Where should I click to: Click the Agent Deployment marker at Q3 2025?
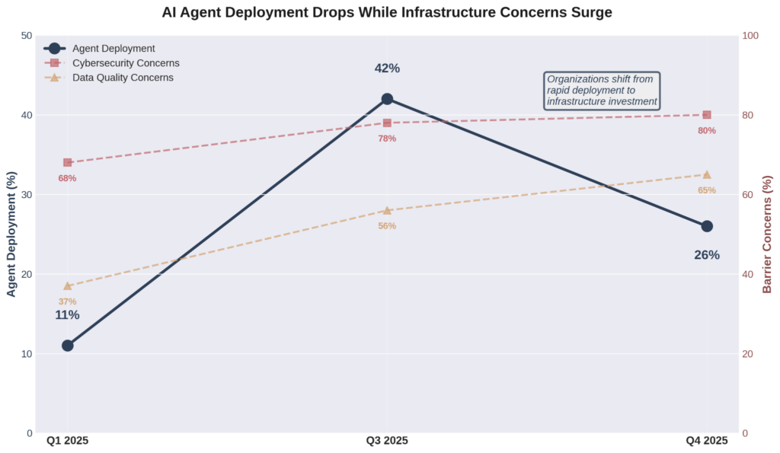coord(387,99)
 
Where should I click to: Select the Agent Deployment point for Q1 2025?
coord(68,346)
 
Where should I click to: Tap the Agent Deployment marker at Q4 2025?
coord(707,226)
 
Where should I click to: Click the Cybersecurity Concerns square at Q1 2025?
coord(68,162)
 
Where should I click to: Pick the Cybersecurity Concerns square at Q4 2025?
coord(707,115)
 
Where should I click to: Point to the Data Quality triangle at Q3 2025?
coord(387,210)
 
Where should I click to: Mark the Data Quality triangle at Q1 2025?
coord(68,286)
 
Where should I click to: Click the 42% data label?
coord(387,69)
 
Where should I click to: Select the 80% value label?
coord(707,131)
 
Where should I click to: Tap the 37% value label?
coord(68,301)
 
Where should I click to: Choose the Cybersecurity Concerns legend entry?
coord(126,63)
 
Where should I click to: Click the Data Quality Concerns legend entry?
coord(123,78)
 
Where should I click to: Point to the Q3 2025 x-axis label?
coord(387,441)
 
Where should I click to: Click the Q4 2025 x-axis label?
coord(707,441)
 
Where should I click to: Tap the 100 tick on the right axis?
coord(751,36)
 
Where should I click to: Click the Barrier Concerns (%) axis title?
coord(768,234)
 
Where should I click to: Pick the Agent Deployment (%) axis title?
coord(11,234)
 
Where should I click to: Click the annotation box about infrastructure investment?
coord(602,91)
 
